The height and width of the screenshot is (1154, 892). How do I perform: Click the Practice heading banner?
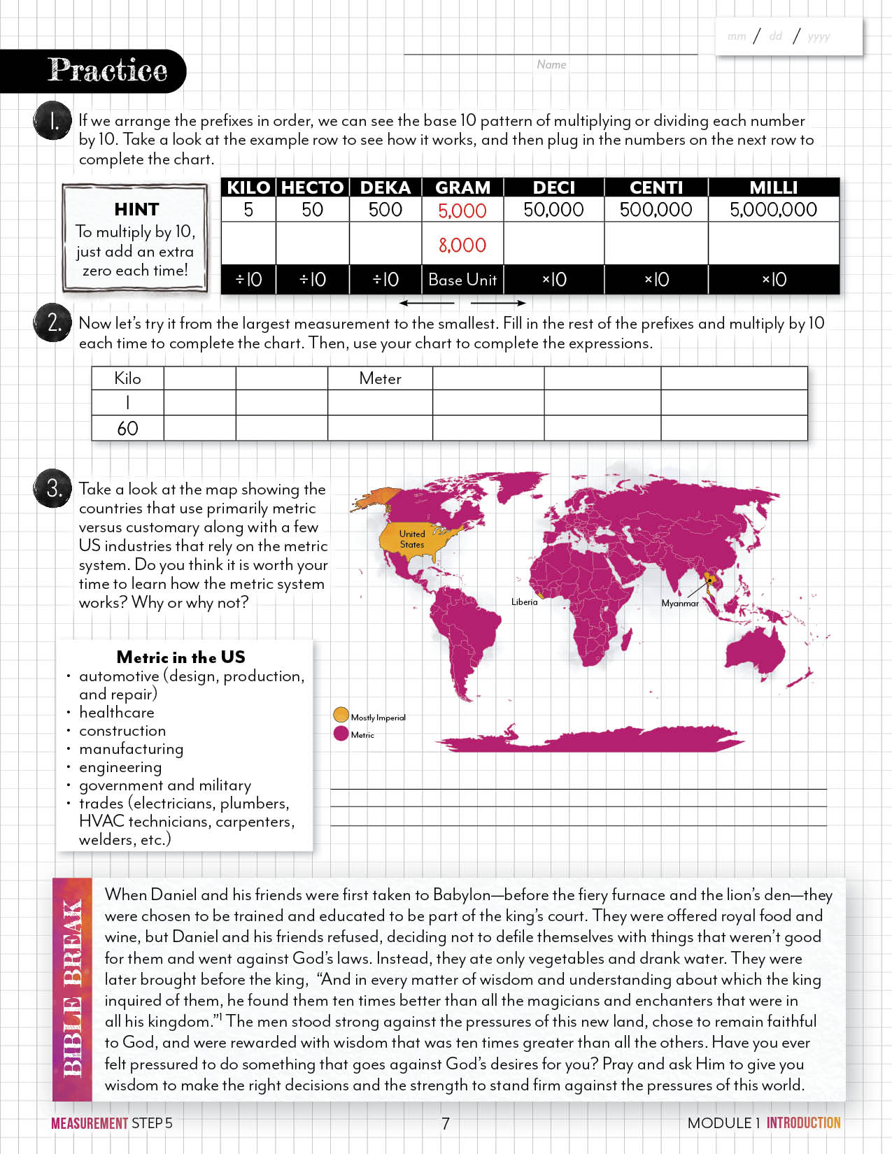pyautogui.click(x=106, y=71)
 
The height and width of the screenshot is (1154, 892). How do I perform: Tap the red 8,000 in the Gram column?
pyautogui.click(x=462, y=245)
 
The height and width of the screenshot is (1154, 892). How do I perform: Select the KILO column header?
pyautogui.click(x=248, y=187)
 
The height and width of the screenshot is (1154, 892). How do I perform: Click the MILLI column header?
pyautogui.click(x=773, y=187)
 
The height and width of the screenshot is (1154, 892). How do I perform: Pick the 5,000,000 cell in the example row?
pyautogui.click(x=773, y=210)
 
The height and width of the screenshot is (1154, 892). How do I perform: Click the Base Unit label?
pyautogui.click(x=462, y=280)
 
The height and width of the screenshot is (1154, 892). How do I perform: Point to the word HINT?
pyautogui.click(x=136, y=209)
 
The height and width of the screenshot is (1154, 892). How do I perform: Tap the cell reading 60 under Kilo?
pyautogui.click(x=127, y=428)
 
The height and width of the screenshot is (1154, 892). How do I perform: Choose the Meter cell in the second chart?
pyautogui.click(x=380, y=378)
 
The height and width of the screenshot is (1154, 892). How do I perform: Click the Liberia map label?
pyautogui.click(x=524, y=601)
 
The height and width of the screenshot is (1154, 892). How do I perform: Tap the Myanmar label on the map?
pyautogui.click(x=679, y=603)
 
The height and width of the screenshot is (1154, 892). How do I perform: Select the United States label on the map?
pyautogui.click(x=412, y=539)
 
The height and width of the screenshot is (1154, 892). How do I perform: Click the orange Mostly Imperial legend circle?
pyautogui.click(x=341, y=715)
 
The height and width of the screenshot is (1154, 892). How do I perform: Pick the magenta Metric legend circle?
pyautogui.click(x=341, y=734)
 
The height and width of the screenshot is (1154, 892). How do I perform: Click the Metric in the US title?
pyautogui.click(x=180, y=657)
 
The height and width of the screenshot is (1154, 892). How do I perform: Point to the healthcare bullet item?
pyautogui.click(x=116, y=712)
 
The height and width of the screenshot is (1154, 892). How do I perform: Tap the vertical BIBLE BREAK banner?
pyautogui.click(x=72, y=989)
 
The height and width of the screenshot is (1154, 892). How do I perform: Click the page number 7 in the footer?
pyautogui.click(x=446, y=1123)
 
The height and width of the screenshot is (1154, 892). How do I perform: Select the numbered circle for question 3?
pyautogui.click(x=52, y=487)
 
